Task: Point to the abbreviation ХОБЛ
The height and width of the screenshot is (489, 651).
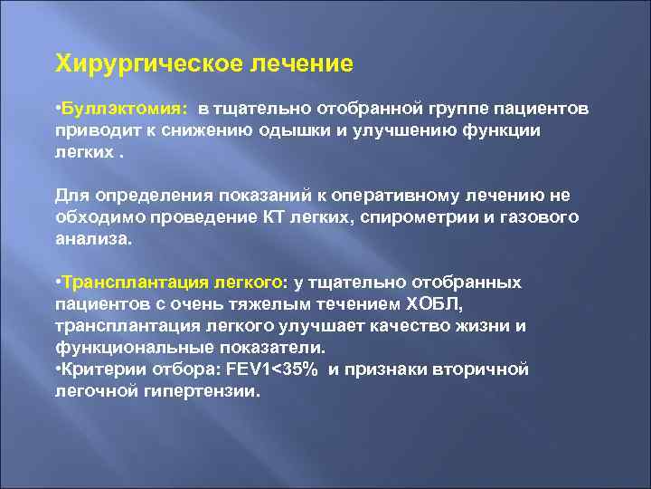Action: tap(438, 303)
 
